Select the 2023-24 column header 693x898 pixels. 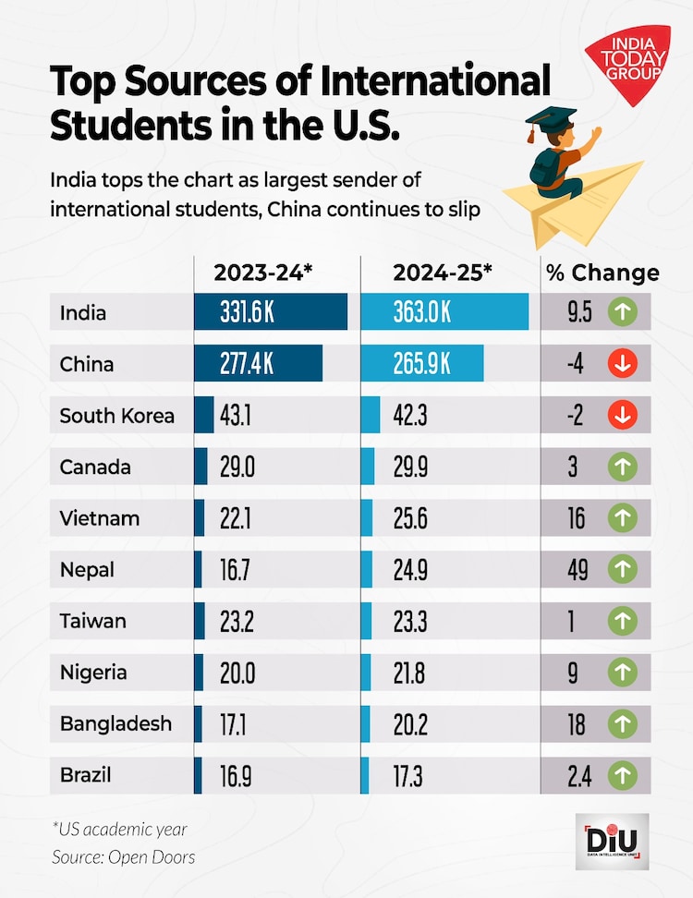264,273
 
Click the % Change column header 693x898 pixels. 602,273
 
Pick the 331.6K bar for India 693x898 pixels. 270,312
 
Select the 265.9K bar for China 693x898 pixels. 421,364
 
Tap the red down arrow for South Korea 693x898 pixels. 623,416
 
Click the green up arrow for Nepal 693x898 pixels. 623,570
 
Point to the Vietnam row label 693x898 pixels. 100,518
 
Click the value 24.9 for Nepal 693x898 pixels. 410,570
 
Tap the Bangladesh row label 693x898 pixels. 115,723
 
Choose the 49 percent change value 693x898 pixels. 577,570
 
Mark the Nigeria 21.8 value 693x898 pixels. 410,673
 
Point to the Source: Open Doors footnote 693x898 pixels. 123,857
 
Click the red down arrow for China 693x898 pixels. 623,364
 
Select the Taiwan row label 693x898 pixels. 92,622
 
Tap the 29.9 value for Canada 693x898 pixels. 410,467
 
